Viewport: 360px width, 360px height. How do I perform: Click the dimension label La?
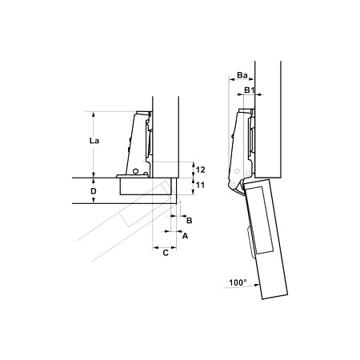click(94, 141)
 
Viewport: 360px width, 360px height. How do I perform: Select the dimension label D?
click(94, 191)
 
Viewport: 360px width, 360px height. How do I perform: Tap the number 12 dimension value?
click(200, 170)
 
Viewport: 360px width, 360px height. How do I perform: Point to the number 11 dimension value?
click(200, 185)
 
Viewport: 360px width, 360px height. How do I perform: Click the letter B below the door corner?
click(189, 221)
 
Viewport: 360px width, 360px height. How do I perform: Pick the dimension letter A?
click(185, 236)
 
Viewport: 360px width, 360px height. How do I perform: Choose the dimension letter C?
click(166, 253)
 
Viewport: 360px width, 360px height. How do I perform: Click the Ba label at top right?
click(242, 75)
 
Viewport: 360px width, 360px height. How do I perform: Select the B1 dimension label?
click(250, 90)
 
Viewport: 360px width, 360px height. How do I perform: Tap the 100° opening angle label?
click(238, 282)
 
